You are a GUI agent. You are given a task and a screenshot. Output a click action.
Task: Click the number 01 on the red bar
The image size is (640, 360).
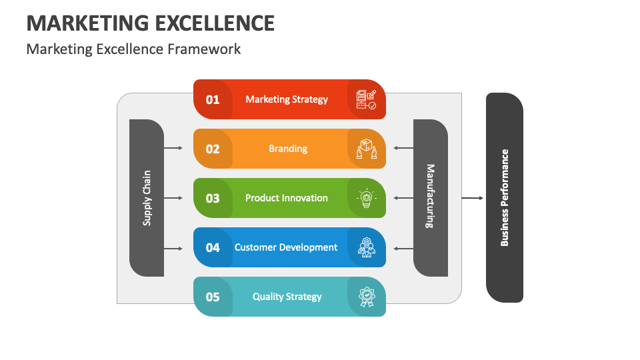click(213, 100)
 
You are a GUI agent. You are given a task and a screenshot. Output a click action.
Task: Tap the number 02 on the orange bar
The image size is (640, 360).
click(213, 149)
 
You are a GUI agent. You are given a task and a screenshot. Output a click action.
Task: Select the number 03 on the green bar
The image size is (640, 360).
click(213, 199)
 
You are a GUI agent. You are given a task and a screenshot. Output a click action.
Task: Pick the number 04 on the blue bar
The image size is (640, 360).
click(213, 248)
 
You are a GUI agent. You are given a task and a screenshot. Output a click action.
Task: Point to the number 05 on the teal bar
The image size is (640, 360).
click(213, 297)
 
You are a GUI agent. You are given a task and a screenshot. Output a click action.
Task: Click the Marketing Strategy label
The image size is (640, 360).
click(287, 99)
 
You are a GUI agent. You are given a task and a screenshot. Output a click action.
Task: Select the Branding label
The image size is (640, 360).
click(288, 149)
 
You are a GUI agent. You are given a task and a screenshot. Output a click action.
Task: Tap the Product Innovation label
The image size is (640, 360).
click(287, 198)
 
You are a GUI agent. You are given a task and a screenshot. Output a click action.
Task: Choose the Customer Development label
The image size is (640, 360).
click(286, 247)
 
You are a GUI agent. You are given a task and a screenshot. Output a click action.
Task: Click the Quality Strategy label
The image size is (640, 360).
click(287, 297)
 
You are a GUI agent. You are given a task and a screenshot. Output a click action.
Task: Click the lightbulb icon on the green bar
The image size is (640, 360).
click(366, 199)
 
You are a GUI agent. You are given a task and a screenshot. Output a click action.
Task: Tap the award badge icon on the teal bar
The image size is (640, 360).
click(366, 297)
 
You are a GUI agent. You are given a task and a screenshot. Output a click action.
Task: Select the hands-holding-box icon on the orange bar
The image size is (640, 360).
click(366, 149)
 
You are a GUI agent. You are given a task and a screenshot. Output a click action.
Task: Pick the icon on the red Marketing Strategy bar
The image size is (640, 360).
click(366, 99)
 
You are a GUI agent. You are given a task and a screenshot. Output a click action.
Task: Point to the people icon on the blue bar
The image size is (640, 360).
click(366, 247)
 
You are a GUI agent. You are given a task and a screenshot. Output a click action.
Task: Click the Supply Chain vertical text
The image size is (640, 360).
click(147, 198)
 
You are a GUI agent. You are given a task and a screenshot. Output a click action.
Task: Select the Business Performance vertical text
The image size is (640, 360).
click(505, 198)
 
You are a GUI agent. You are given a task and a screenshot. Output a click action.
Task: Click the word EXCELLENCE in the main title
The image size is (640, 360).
click(214, 23)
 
